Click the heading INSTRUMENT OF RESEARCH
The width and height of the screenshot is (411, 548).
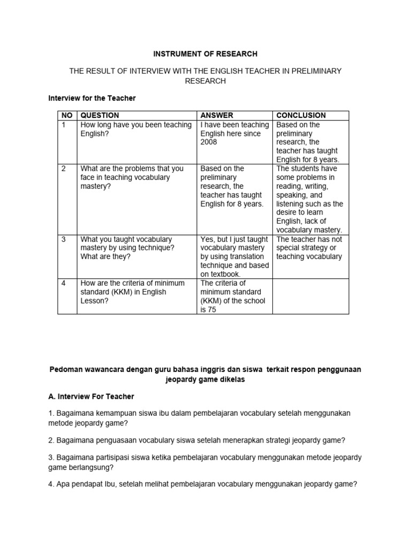coord(205,54)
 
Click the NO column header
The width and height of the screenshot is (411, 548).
coord(66,115)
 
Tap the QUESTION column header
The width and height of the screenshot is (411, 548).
coord(100,115)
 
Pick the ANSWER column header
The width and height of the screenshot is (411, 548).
coord(217,115)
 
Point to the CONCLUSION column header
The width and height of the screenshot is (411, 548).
coord(301,115)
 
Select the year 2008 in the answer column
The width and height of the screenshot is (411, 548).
coord(210,142)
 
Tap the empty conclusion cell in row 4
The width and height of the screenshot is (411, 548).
coord(311,296)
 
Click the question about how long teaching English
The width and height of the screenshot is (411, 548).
coord(135,129)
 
